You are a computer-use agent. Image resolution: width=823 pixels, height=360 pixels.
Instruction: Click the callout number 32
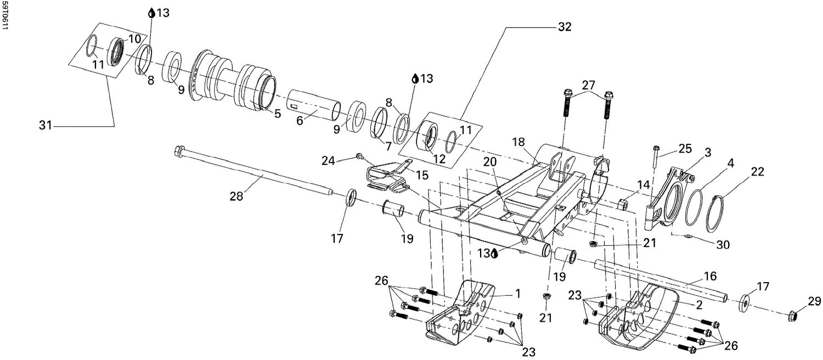pos(564,27)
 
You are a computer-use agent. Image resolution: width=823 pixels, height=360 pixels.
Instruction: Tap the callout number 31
pos(45,126)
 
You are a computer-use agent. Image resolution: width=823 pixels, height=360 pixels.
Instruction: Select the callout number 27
pos(588,85)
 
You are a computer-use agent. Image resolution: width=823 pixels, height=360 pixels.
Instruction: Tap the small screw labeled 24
pos(360,156)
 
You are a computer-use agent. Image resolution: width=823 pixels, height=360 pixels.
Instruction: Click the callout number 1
pos(517,294)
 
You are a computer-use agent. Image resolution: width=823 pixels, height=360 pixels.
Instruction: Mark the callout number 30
pos(723,245)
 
